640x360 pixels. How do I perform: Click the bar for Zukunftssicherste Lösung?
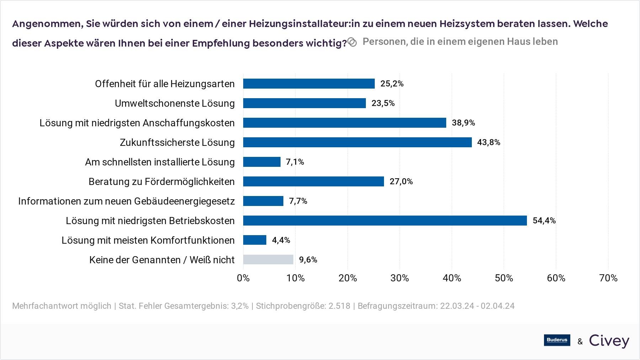tap(357, 142)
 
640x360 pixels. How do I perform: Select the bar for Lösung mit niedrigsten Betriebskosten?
tap(385, 221)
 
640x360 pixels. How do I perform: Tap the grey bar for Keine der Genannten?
tap(268, 260)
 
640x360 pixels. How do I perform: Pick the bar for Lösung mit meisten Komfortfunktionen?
tap(255, 240)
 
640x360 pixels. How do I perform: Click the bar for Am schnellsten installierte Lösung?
tap(262, 162)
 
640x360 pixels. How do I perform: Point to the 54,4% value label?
tap(544, 221)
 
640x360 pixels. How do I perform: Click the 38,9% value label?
tap(463, 123)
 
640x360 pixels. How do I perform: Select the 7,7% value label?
tap(298, 201)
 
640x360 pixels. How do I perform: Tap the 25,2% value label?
tap(392, 84)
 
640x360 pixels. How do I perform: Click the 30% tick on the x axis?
tap(400, 278)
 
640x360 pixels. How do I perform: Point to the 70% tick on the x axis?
tap(608, 278)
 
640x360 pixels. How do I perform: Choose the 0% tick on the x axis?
tap(243, 278)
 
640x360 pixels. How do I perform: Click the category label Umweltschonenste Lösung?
tap(175, 104)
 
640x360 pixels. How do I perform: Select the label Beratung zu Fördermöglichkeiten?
tap(161, 182)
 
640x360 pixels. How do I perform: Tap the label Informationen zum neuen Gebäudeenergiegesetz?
tap(126, 201)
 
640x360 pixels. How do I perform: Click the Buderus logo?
tap(557, 340)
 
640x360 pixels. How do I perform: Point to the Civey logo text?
tap(609, 341)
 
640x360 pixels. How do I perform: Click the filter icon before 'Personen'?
tap(352, 42)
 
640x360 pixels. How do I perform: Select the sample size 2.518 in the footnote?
tap(339, 306)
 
